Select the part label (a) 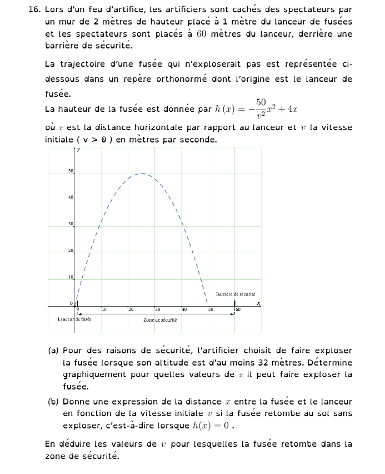pos(53,350)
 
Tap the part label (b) pos(53,402)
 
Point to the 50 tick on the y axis pos(71,171)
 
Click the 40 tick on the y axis pos(71,198)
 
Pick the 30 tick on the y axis pos(71,224)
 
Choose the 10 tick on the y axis pos(71,277)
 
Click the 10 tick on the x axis pos(104,309)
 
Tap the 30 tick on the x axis pos(157,309)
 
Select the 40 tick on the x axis pos(184,309)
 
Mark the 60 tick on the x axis pos(237,309)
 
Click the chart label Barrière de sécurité pos(236,294)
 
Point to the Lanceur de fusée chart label pos(74,319)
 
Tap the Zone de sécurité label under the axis pos(160,320)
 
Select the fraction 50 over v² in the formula pos(261,109)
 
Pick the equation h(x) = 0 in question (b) pos(213,426)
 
